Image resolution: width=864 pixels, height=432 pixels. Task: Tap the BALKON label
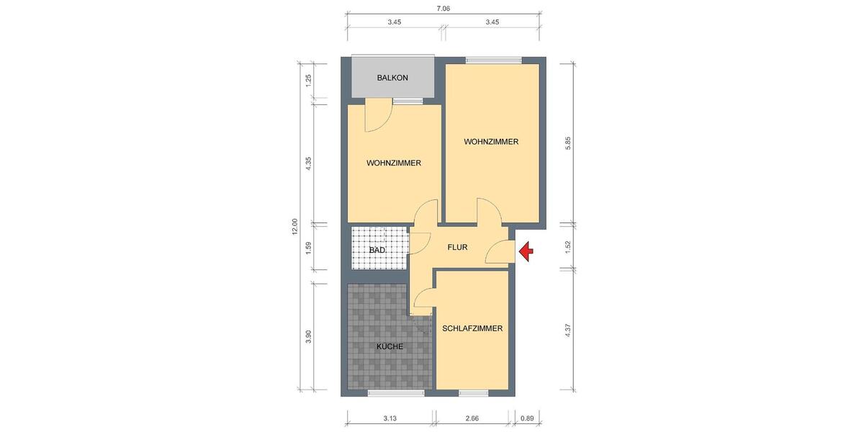(x=392, y=78)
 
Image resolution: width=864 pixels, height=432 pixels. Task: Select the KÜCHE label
(x=390, y=346)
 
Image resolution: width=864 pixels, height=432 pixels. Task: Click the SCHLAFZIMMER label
(x=472, y=328)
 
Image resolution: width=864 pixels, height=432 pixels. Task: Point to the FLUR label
(x=457, y=247)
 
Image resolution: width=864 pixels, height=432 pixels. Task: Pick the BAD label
(x=377, y=250)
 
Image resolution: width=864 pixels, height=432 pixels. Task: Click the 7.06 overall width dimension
(x=444, y=9)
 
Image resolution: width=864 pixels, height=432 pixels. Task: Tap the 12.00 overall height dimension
(x=294, y=227)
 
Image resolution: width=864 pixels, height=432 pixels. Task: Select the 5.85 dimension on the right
(x=568, y=143)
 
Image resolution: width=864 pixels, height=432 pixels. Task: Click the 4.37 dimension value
(x=568, y=330)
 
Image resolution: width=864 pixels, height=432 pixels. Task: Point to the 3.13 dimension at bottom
(x=390, y=418)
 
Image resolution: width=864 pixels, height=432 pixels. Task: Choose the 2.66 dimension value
(x=472, y=418)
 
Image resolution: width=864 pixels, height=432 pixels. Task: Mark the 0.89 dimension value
(x=527, y=418)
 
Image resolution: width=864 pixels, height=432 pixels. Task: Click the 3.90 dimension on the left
(x=309, y=336)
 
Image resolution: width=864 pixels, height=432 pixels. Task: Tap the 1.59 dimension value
(x=309, y=246)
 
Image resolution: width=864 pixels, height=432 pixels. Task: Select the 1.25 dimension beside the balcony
(x=309, y=80)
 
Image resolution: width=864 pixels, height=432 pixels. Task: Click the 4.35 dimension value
(x=309, y=163)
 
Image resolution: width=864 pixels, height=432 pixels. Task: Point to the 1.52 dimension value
(x=568, y=246)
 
